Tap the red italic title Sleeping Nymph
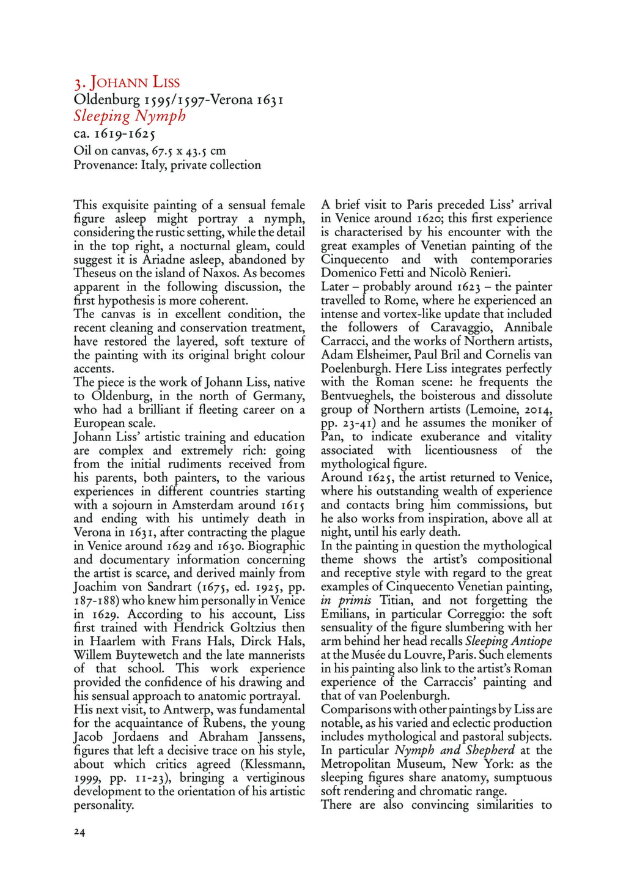tap(130, 116)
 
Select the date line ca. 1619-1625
tap(114, 133)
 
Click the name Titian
tap(396, 600)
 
